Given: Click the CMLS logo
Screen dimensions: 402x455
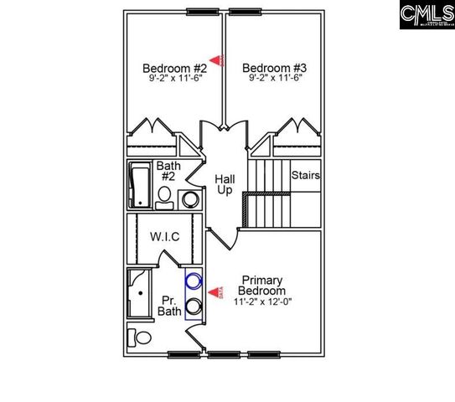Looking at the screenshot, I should click(x=426, y=14).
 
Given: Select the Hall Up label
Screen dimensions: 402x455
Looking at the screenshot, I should click(x=225, y=185).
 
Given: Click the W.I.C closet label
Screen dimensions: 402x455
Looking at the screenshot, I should click(x=165, y=237).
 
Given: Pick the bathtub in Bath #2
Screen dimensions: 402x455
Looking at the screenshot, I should click(x=140, y=185).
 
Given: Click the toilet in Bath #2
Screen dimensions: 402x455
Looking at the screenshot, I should click(x=164, y=198).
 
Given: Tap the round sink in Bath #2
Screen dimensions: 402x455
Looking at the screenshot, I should click(x=191, y=199).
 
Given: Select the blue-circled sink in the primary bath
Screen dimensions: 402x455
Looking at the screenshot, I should click(x=194, y=283).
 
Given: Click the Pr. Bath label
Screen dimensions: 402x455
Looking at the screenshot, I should click(x=170, y=306).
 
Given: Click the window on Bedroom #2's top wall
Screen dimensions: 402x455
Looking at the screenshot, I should click(x=199, y=11).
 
